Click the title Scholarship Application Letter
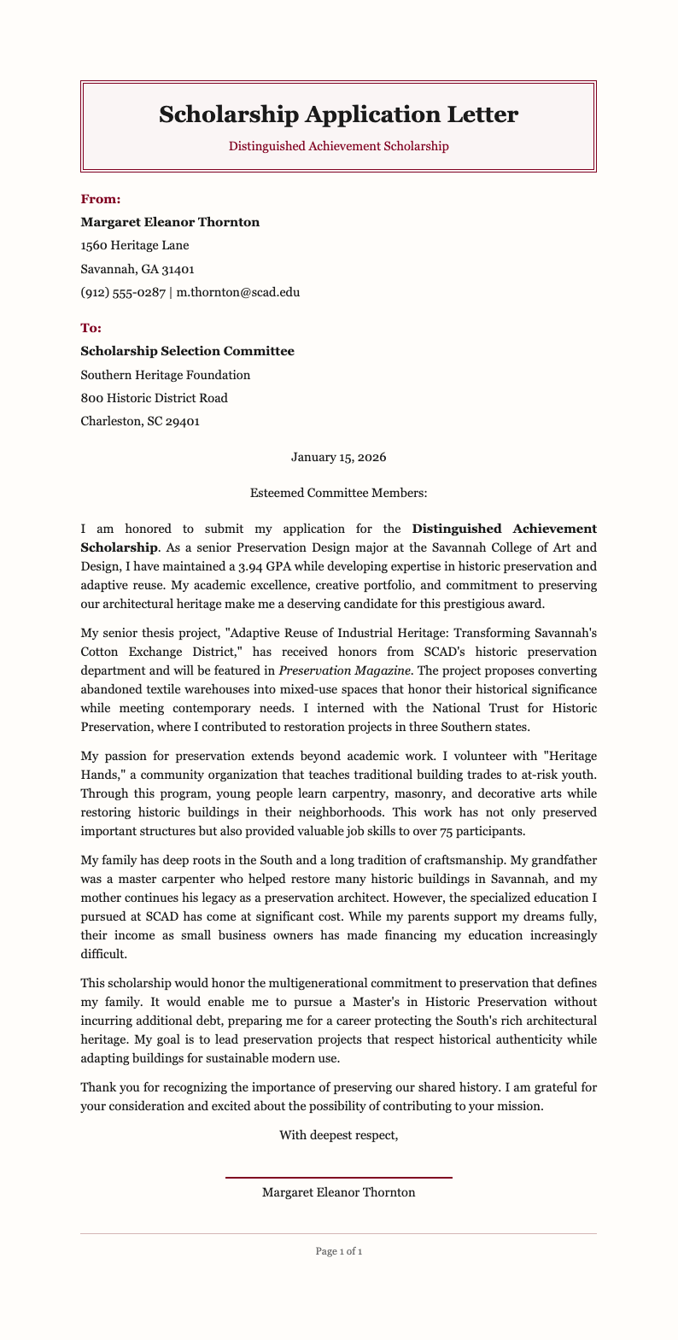(x=338, y=114)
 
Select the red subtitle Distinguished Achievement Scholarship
(x=338, y=146)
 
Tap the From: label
(x=101, y=199)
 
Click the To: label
(x=91, y=328)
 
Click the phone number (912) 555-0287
(x=123, y=292)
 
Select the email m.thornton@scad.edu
(x=237, y=292)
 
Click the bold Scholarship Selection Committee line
(x=187, y=351)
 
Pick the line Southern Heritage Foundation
(x=165, y=375)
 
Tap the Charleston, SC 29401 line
(x=140, y=421)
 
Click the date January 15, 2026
(x=338, y=457)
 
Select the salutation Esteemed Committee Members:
(x=338, y=493)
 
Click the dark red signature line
(x=338, y=1178)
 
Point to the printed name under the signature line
(x=338, y=1192)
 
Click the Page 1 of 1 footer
(x=338, y=1251)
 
